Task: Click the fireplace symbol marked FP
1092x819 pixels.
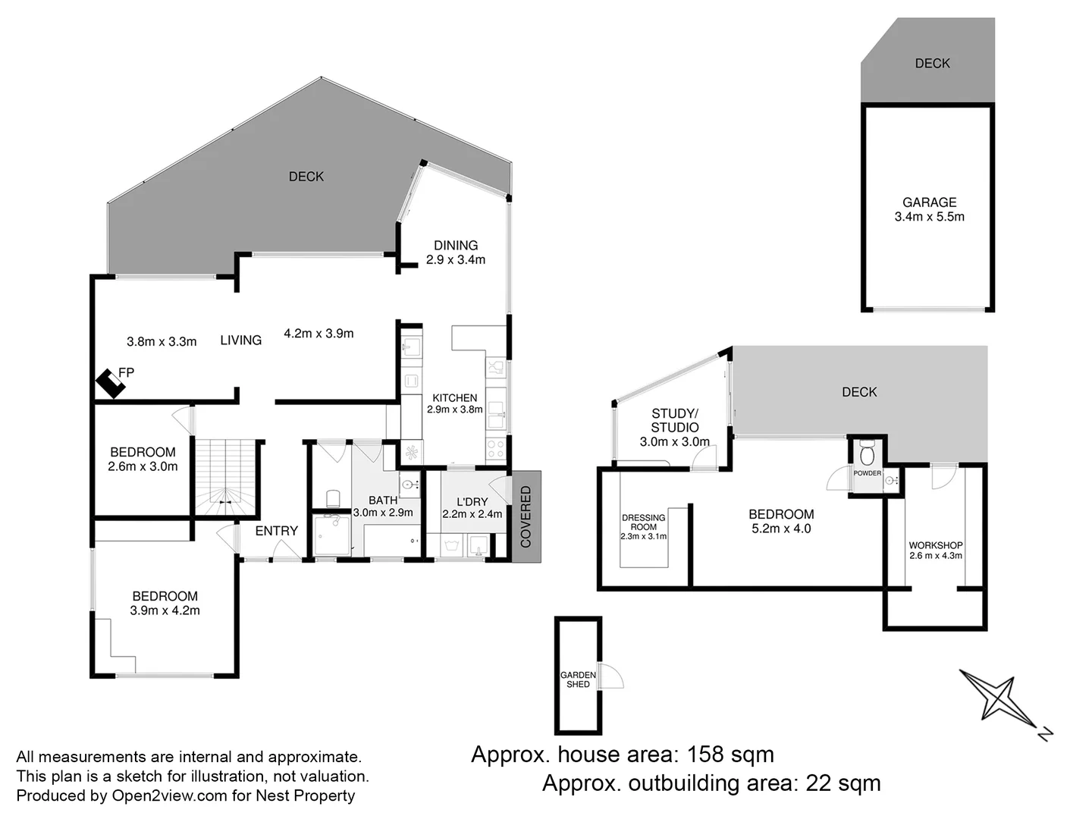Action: (111, 384)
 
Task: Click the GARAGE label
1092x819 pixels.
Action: (929, 202)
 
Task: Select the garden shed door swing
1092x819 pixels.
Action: (611, 676)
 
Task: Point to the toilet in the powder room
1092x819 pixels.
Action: (868, 456)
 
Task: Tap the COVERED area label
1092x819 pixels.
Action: (526, 516)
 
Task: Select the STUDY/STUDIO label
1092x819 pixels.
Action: (674, 420)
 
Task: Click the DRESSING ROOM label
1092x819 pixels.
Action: (643, 522)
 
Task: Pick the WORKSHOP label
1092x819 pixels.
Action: (935, 545)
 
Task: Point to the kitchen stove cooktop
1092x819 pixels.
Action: (495, 448)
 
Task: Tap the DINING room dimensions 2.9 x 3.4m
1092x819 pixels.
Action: (455, 259)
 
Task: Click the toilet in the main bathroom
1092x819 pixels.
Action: (332, 499)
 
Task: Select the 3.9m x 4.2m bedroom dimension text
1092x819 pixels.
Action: (165, 610)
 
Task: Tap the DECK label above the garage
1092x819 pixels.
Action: (932, 64)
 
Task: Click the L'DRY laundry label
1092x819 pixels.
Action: (472, 502)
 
